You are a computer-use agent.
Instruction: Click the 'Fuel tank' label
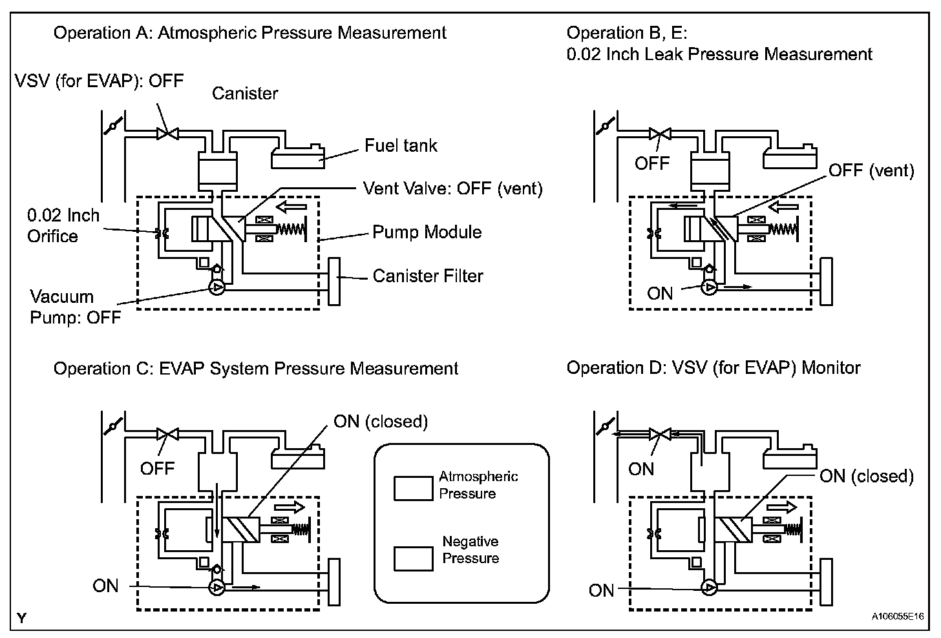point(401,146)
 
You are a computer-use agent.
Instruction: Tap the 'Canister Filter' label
point(428,276)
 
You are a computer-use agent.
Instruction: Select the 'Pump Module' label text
point(427,232)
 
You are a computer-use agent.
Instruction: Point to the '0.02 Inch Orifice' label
point(63,226)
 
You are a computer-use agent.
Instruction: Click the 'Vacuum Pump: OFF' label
point(76,307)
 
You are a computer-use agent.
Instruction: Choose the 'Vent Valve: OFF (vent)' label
point(453,189)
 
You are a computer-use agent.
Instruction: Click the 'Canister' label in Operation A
point(245,94)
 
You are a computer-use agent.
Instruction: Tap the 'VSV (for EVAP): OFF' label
point(99,81)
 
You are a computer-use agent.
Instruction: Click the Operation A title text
point(250,33)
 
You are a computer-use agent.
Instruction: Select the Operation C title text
point(256,369)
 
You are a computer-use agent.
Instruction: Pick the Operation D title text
point(714,367)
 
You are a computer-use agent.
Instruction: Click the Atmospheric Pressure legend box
point(414,488)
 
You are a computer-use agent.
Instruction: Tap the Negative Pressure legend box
point(414,559)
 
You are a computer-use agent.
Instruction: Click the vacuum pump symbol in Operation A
point(217,287)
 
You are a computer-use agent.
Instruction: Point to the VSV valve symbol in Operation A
point(167,134)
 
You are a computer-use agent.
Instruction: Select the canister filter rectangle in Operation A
point(334,282)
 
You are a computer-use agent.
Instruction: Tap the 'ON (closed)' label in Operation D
point(867,477)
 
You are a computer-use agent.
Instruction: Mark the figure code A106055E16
point(898,617)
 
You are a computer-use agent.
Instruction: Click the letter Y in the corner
point(22,618)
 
